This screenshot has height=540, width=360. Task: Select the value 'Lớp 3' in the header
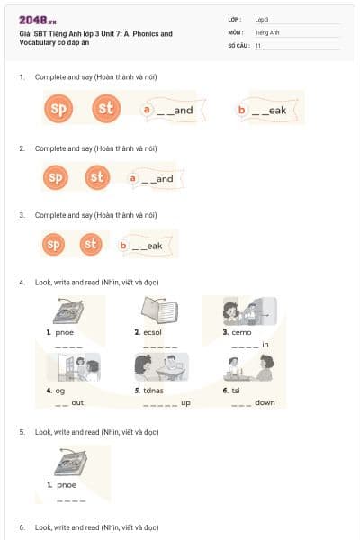point(262,19)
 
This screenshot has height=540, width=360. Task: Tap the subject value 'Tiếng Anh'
point(266,31)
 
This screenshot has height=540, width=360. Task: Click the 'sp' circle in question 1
point(58,110)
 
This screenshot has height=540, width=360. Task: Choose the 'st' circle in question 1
point(106,110)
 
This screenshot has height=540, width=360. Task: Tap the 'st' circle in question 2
point(98,177)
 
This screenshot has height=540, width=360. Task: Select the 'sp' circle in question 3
point(55,244)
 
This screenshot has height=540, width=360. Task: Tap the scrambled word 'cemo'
point(241,332)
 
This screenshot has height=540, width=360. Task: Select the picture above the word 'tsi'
point(250,367)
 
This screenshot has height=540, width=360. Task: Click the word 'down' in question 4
point(265,402)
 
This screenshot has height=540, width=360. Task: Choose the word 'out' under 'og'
point(77,402)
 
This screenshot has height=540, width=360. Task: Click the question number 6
point(22,526)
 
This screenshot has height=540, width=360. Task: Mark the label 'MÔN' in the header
point(235,31)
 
